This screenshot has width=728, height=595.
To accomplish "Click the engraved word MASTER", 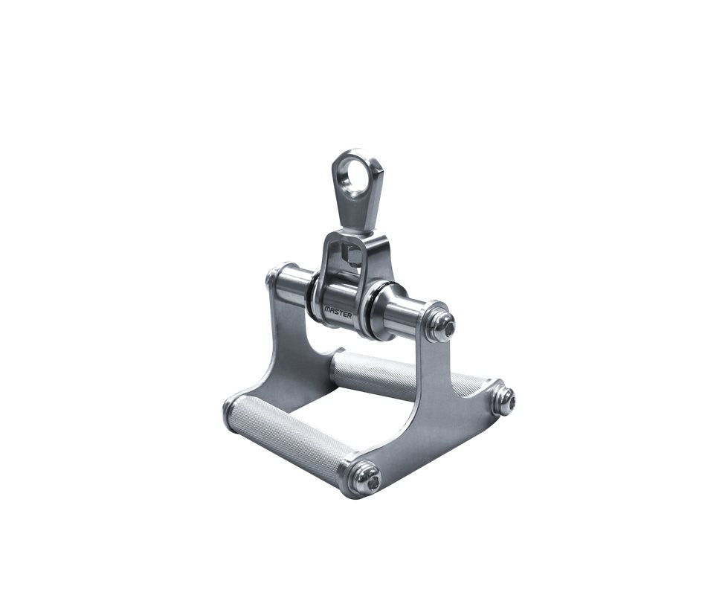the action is coord(338,310).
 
